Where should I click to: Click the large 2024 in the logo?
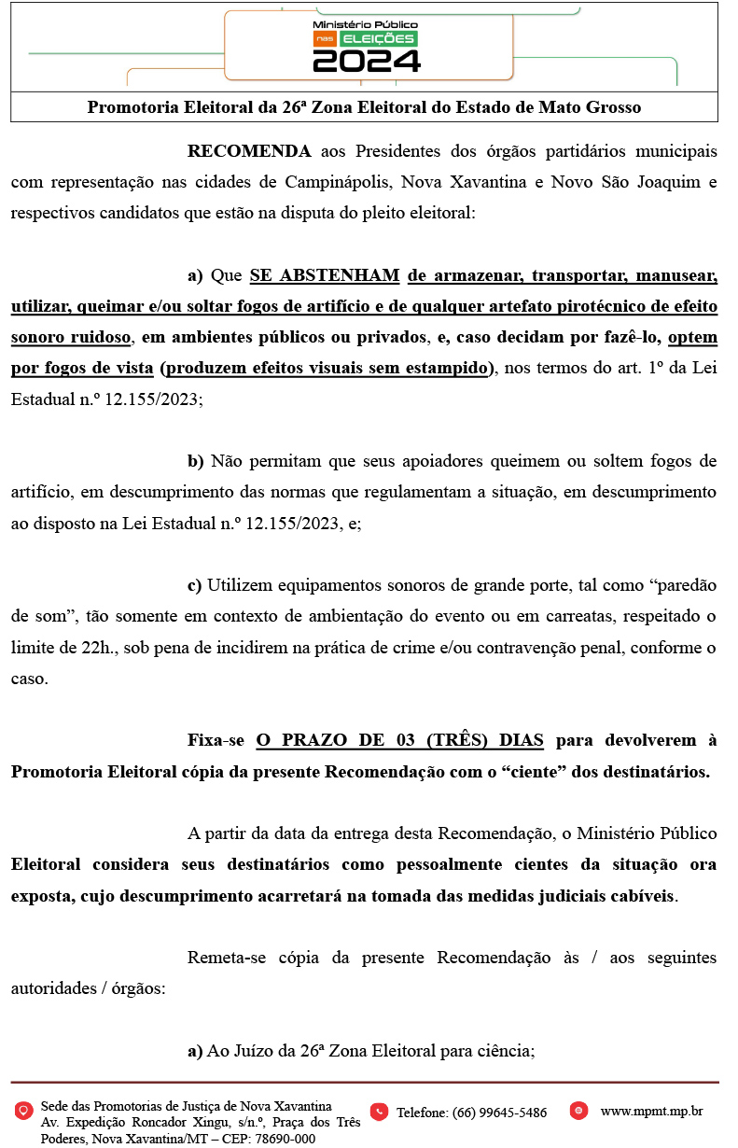pos(366,61)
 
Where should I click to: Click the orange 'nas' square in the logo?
pos(324,38)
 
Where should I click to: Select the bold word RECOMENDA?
pos(249,151)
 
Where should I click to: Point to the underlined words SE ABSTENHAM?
pos(325,275)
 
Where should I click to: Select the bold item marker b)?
pos(195,460)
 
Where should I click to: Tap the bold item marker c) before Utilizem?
pos(194,585)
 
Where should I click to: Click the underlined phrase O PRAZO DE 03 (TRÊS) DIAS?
pos(399,741)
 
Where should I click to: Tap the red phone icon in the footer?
pos(379,1112)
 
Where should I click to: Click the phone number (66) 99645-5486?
pos(471,1113)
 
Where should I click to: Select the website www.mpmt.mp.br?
pos(651,1112)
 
